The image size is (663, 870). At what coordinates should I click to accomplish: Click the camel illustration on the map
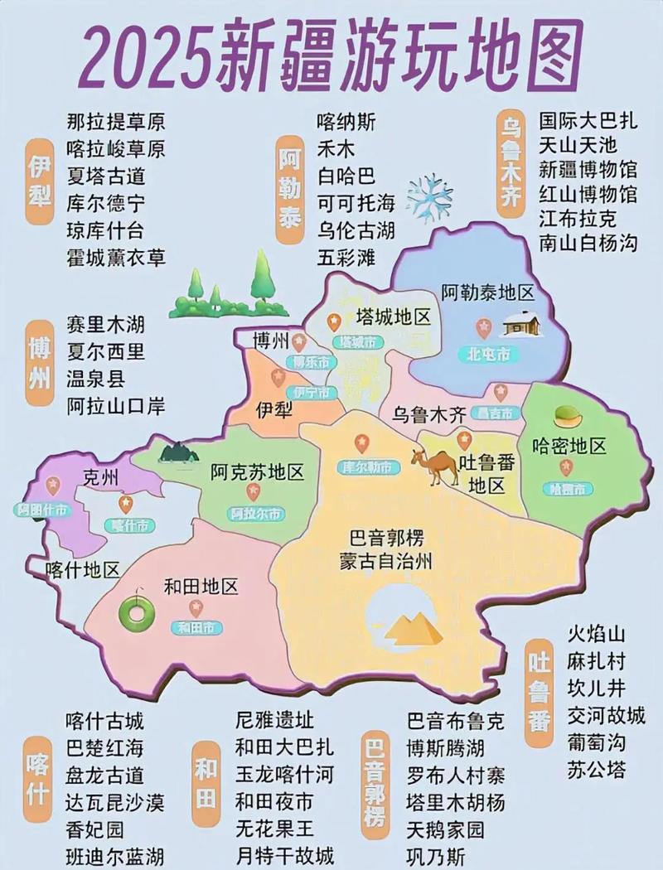[435, 466]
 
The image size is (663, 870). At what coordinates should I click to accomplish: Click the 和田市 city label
[196, 627]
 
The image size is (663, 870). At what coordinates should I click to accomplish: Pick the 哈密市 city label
[568, 489]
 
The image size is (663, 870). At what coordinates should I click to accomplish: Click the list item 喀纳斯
[346, 122]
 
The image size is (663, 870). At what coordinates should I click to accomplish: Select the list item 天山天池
[578, 146]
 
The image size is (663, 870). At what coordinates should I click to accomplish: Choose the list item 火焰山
[596, 635]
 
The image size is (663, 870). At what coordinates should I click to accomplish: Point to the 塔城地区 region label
[393, 317]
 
